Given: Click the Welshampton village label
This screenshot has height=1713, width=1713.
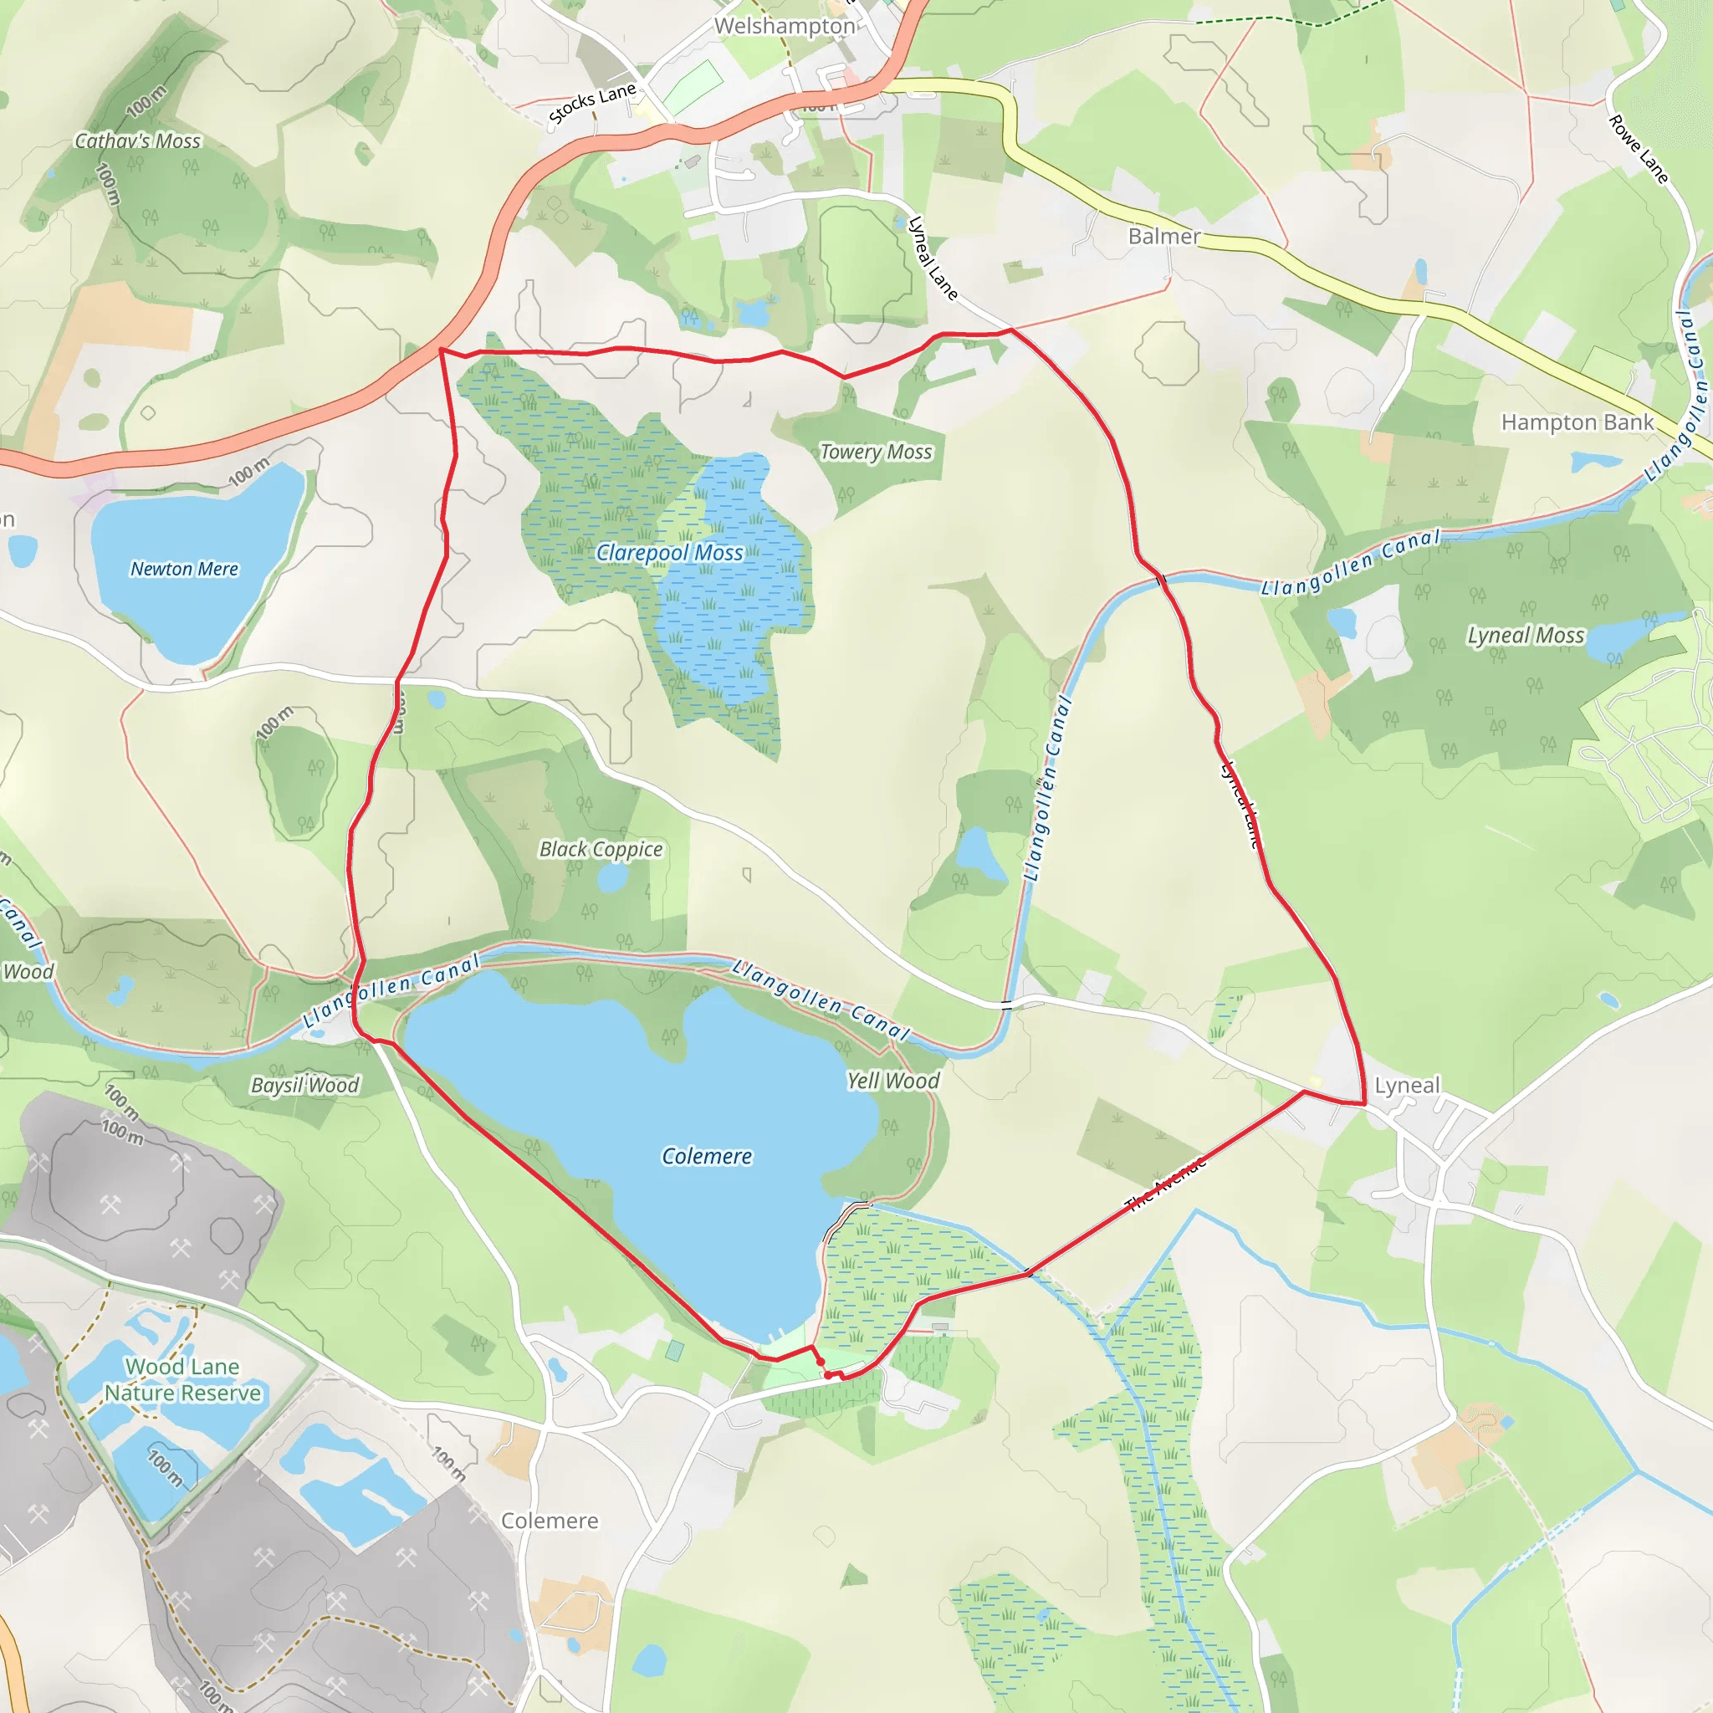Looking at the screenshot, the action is tap(784, 27).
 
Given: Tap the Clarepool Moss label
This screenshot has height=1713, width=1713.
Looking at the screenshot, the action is tap(669, 553).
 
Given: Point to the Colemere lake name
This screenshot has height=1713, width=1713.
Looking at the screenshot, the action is tap(707, 1156).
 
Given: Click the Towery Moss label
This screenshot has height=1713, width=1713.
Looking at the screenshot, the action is tap(876, 453).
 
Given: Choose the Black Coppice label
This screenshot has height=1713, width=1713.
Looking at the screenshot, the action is tap(601, 850).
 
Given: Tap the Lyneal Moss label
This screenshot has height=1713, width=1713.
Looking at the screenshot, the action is tap(1525, 636).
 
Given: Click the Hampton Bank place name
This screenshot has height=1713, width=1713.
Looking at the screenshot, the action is tap(1577, 423).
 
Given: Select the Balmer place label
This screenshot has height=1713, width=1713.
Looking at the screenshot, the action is tap(1163, 237).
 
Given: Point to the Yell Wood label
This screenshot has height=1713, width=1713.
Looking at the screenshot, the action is tap(892, 1081).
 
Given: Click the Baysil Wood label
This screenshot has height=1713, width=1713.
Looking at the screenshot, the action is tap(305, 1085).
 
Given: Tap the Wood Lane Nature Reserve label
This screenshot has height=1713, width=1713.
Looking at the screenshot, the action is tap(182, 1379).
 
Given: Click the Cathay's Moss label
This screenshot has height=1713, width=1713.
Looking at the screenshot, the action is tap(137, 141).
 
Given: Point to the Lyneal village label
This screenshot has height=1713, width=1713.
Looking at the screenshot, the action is tap(1407, 1085).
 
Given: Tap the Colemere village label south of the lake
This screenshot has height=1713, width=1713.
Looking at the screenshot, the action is tap(550, 1521).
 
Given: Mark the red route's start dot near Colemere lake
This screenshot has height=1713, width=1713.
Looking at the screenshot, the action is tap(821, 1362).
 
